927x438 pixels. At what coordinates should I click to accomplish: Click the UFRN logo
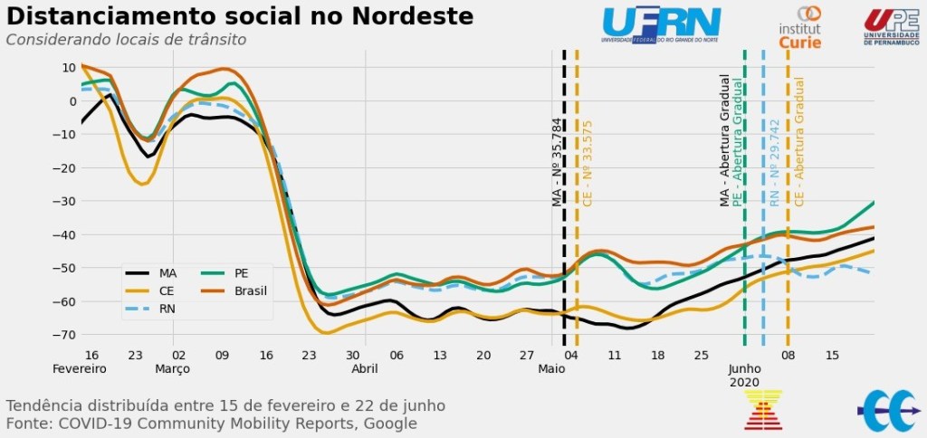(662, 24)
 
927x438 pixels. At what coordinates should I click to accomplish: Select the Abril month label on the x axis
(365, 369)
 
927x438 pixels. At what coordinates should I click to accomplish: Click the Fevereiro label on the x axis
(79, 369)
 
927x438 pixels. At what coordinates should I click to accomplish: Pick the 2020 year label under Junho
(745, 383)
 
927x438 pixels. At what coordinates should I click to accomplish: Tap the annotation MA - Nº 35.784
(557, 162)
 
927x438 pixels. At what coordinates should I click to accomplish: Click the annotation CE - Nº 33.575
(588, 164)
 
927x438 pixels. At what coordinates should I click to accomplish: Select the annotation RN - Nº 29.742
(774, 163)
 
